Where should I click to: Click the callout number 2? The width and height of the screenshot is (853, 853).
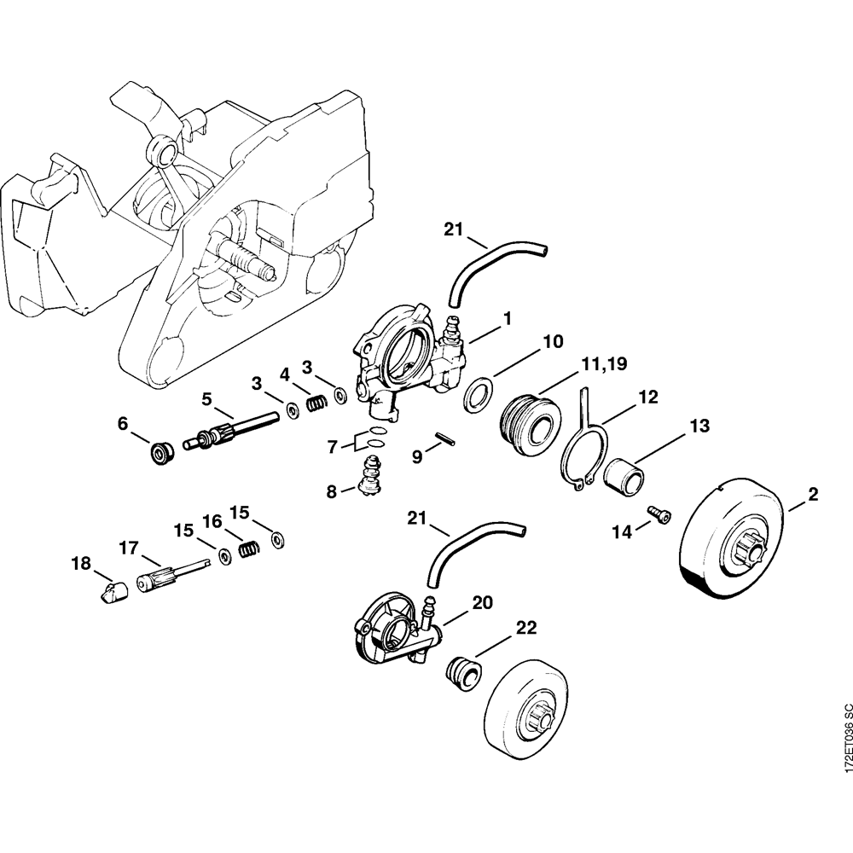[x=813, y=495]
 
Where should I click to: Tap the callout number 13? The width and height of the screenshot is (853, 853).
[x=700, y=426]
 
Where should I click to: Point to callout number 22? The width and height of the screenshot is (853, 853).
[x=525, y=628]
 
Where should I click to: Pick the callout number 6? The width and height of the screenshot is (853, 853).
[x=122, y=423]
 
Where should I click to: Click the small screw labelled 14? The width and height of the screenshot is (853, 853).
[x=659, y=513]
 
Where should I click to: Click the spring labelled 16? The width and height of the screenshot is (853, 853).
[x=248, y=551]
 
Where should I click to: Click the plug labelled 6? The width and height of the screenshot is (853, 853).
[x=160, y=451]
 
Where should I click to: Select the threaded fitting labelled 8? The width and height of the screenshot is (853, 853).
[x=369, y=474]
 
